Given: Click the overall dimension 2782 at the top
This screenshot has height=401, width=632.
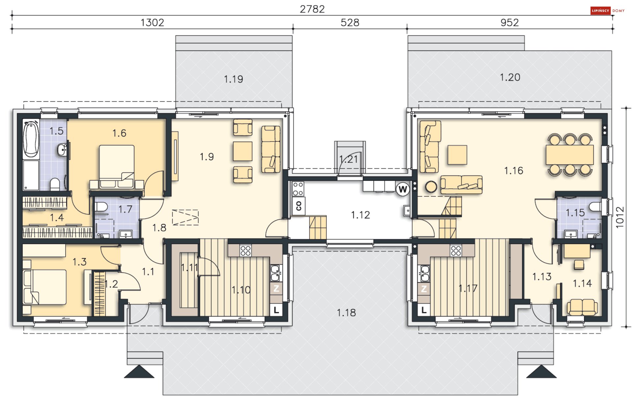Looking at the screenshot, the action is (x=312, y=9).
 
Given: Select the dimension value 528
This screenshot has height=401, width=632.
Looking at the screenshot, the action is (x=350, y=23).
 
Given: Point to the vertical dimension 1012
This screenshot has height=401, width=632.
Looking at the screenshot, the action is (x=620, y=217).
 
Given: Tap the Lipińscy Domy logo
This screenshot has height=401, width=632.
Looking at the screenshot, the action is (x=607, y=11).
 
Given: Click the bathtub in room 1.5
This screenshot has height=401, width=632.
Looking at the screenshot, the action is (x=31, y=139).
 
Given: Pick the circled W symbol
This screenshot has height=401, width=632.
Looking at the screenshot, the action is (x=403, y=189).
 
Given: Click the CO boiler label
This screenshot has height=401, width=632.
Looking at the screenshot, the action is (x=299, y=206).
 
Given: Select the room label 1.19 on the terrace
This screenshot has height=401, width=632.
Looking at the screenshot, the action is (x=233, y=79).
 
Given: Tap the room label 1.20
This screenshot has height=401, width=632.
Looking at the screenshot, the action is (x=510, y=77).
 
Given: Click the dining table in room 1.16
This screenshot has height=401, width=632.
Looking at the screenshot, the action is (x=570, y=155).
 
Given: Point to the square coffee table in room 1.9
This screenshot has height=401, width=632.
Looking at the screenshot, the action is (x=243, y=151).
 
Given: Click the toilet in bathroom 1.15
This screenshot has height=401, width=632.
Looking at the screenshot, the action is (x=595, y=207).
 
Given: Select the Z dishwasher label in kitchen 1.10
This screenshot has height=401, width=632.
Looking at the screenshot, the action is (x=276, y=289).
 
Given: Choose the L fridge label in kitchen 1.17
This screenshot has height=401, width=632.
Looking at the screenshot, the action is (x=424, y=310).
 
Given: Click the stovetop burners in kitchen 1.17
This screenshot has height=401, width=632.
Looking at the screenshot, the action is (x=456, y=251).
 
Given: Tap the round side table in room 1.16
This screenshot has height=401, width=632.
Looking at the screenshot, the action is (x=431, y=187).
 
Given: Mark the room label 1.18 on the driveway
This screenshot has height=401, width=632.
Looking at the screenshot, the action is (x=346, y=313).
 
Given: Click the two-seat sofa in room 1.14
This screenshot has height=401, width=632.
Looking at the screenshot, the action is (x=582, y=307).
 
